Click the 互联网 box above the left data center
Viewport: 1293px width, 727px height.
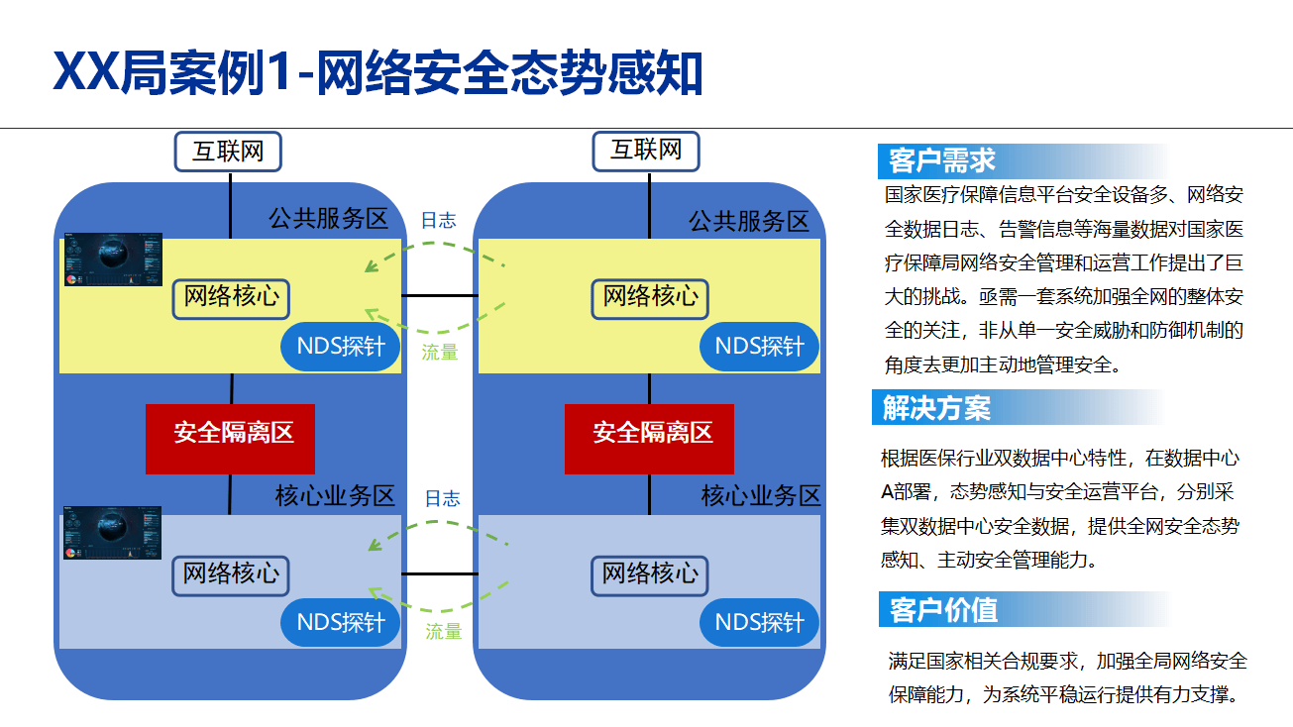(228, 152)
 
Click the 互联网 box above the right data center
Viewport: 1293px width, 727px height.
(646, 151)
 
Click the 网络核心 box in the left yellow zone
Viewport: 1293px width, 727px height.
(233, 297)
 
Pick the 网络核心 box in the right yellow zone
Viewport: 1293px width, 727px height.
(650, 297)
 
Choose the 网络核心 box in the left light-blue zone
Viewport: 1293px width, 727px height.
(233, 574)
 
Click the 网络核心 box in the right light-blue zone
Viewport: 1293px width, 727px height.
(650, 574)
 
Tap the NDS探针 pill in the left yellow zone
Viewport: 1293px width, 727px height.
(341, 347)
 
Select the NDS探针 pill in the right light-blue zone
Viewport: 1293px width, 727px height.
(759, 623)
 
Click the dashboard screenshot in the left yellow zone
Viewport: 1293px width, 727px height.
(113, 260)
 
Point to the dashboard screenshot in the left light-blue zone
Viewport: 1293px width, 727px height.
(113, 533)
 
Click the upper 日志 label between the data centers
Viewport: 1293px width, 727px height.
(438, 220)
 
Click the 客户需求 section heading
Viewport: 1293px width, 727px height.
(942, 160)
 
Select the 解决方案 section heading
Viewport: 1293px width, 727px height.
(936, 407)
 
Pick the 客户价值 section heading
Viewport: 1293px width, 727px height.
(943, 609)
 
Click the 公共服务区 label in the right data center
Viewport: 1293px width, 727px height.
(749, 221)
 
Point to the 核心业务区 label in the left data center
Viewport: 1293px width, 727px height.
(334, 496)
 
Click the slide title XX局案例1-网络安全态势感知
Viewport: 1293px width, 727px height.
(377, 73)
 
